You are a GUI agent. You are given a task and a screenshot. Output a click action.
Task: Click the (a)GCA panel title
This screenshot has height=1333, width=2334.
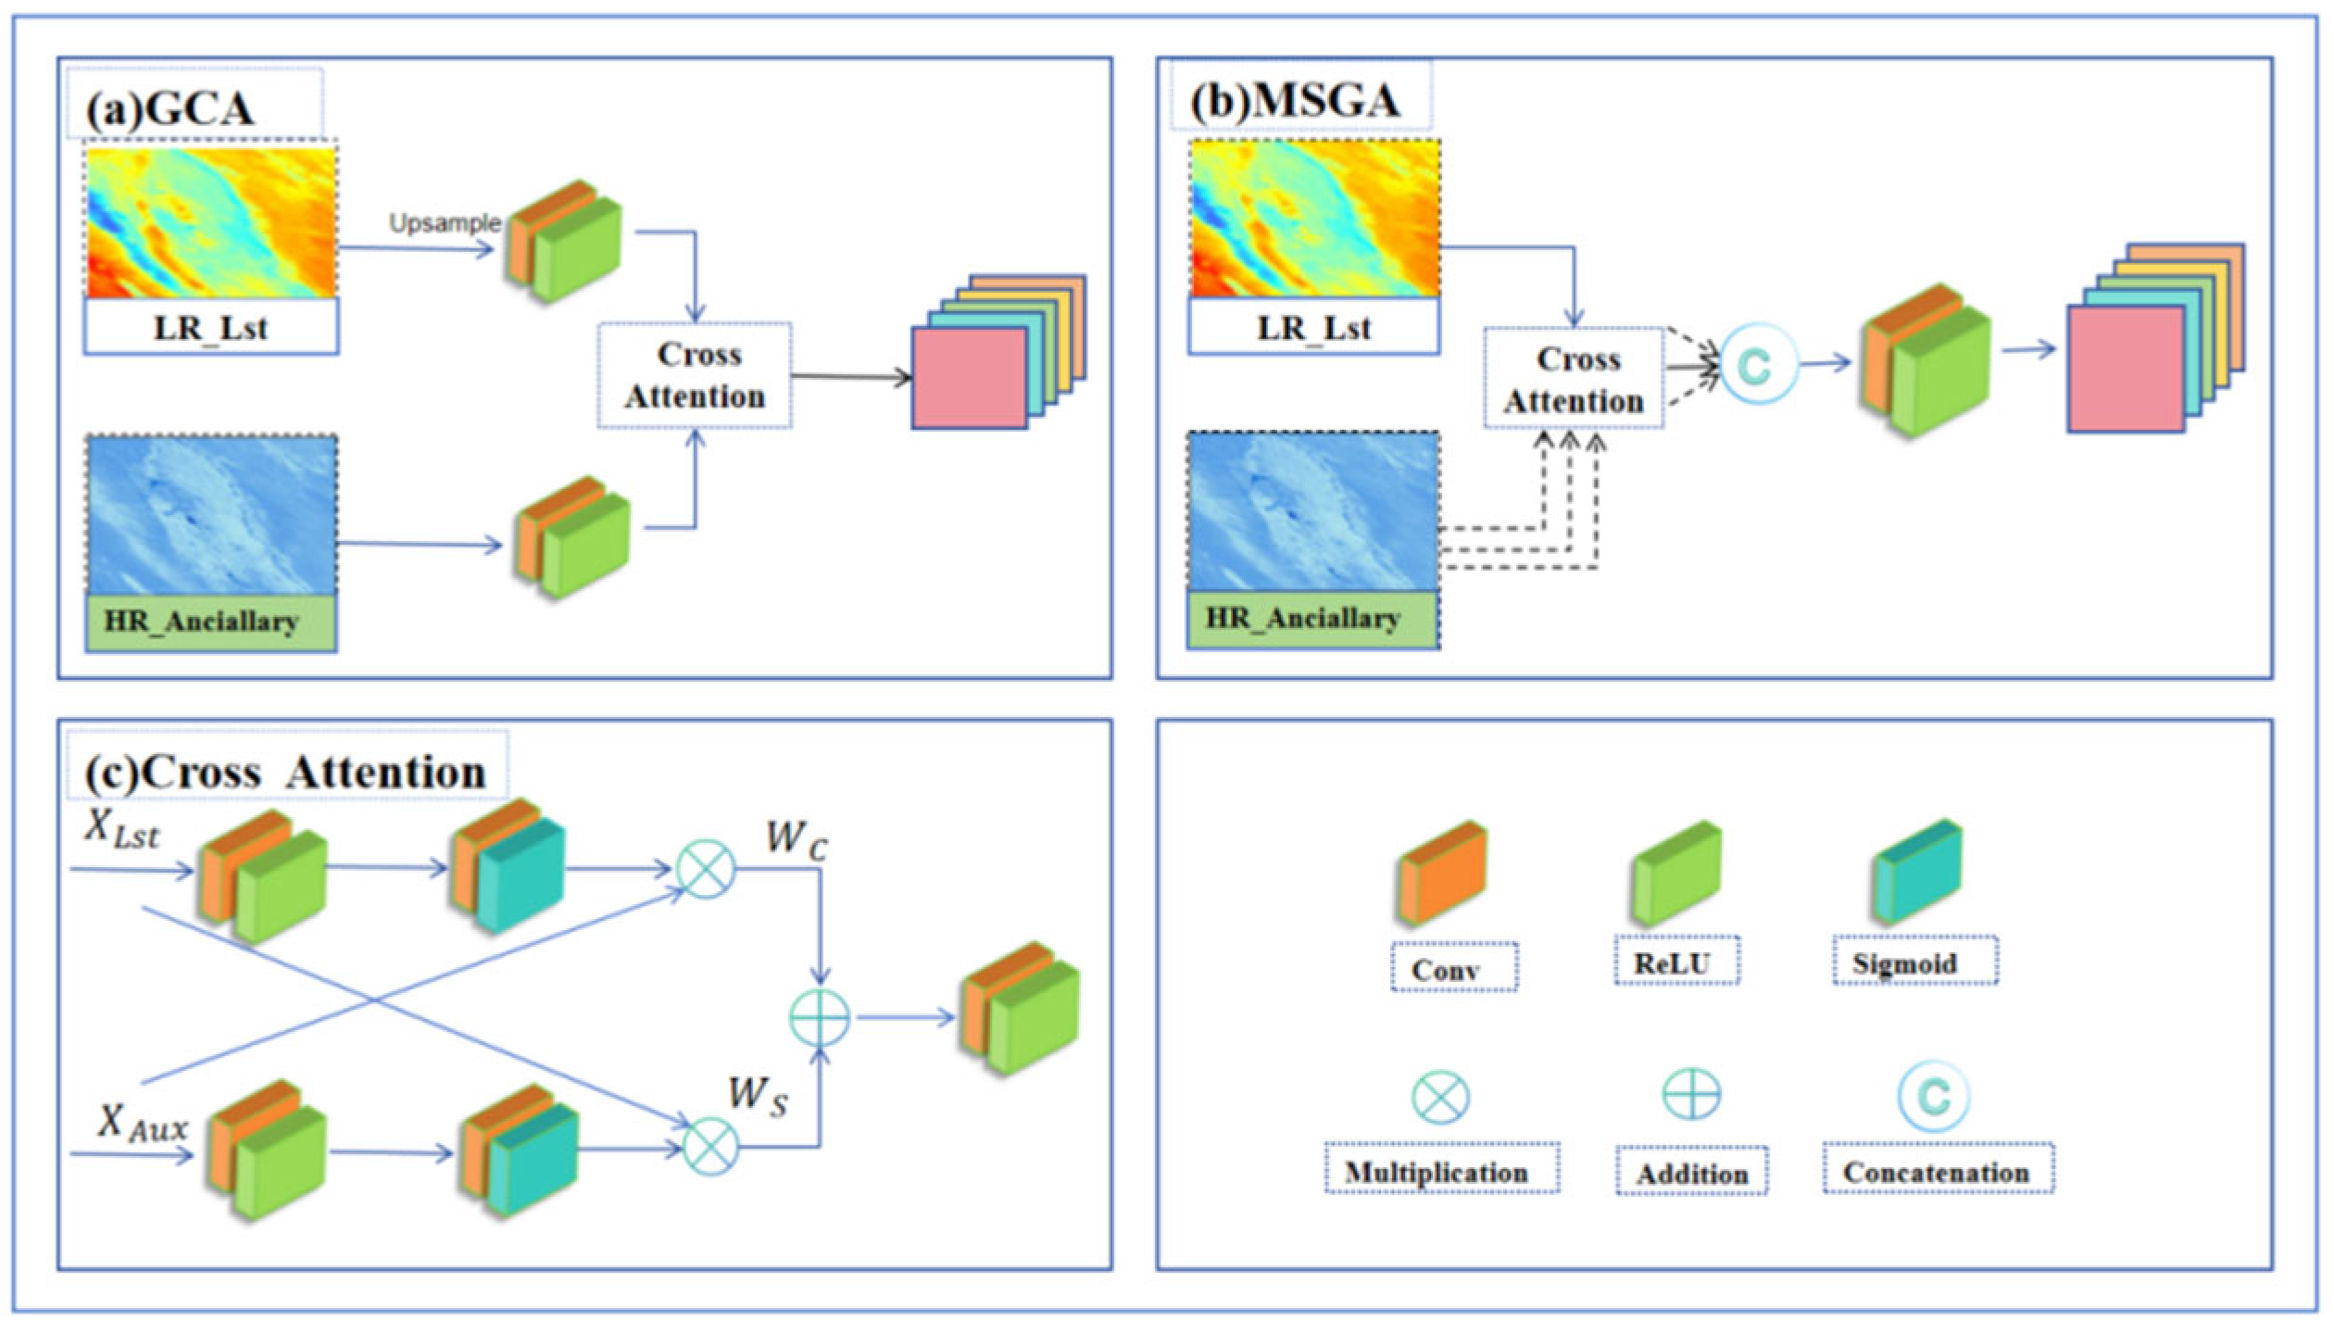coord(169,109)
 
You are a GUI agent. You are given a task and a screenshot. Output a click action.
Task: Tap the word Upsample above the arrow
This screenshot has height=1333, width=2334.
coord(445,223)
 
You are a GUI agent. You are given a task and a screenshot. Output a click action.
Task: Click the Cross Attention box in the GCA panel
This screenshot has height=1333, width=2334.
coord(696,375)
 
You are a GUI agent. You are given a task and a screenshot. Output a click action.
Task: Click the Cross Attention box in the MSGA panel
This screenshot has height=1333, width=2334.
coord(1574,379)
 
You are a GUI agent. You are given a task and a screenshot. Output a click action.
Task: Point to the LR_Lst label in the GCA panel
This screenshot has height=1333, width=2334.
coord(211,327)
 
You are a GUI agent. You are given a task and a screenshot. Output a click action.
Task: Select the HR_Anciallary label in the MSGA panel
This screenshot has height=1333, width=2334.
coord(1303,618)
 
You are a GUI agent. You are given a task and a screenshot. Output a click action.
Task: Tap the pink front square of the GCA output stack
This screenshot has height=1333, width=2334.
coord(969,378)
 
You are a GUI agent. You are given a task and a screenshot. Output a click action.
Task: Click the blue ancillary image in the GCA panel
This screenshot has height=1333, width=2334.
coord(212,514)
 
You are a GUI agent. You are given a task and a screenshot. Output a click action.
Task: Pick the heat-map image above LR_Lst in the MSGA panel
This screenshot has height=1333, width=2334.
coord(1314,219)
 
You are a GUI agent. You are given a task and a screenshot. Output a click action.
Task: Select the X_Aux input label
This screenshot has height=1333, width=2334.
coord(142,1124)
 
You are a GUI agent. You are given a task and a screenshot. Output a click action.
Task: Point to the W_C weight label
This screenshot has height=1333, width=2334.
coord(797,840)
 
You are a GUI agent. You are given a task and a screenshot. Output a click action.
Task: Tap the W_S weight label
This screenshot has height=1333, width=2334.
coord(758,1095)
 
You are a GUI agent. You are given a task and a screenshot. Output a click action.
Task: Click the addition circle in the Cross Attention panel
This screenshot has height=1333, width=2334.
coord(820,1017)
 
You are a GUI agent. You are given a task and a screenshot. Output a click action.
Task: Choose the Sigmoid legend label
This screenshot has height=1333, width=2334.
coord(1906,963)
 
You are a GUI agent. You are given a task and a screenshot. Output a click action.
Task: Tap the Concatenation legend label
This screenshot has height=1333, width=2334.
coord(1937,1172)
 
